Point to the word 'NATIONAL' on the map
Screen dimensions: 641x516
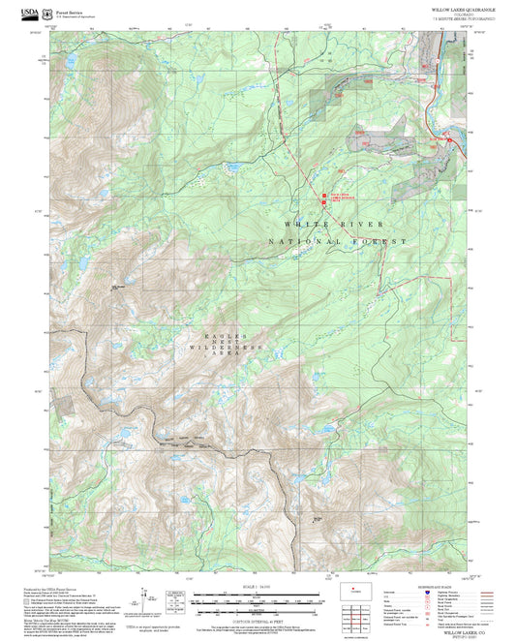[306, 241]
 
